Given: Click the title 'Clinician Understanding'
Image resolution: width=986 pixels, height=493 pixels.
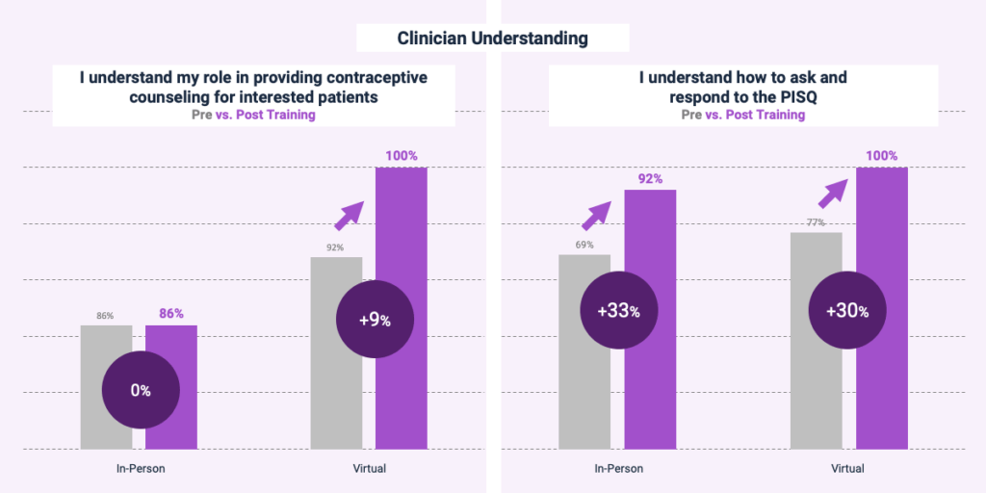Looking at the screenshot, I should (492, 39).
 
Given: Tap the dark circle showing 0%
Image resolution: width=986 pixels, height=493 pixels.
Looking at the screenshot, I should (141, 390).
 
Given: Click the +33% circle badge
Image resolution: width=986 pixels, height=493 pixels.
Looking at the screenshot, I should (619, 310).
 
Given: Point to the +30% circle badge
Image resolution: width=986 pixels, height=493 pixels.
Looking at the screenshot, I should (846, 310).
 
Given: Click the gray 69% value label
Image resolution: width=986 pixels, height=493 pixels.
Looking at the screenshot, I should (584, 245).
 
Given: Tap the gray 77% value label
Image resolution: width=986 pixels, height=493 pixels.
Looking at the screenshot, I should (816, 222).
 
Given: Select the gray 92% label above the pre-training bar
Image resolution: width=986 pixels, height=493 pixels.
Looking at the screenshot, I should (336, 247).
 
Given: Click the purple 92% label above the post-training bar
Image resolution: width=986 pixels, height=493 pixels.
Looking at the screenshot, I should (650, 178).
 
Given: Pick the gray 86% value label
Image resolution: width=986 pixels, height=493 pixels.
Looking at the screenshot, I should (105, 316).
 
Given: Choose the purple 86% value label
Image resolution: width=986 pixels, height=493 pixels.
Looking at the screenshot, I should (171, 314).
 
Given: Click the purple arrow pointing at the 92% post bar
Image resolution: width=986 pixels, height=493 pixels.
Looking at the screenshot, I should (596, 216).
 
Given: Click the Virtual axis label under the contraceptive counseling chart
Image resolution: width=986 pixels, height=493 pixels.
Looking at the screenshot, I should (368, 468).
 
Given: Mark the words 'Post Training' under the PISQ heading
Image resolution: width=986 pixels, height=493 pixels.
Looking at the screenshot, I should (765, 115).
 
